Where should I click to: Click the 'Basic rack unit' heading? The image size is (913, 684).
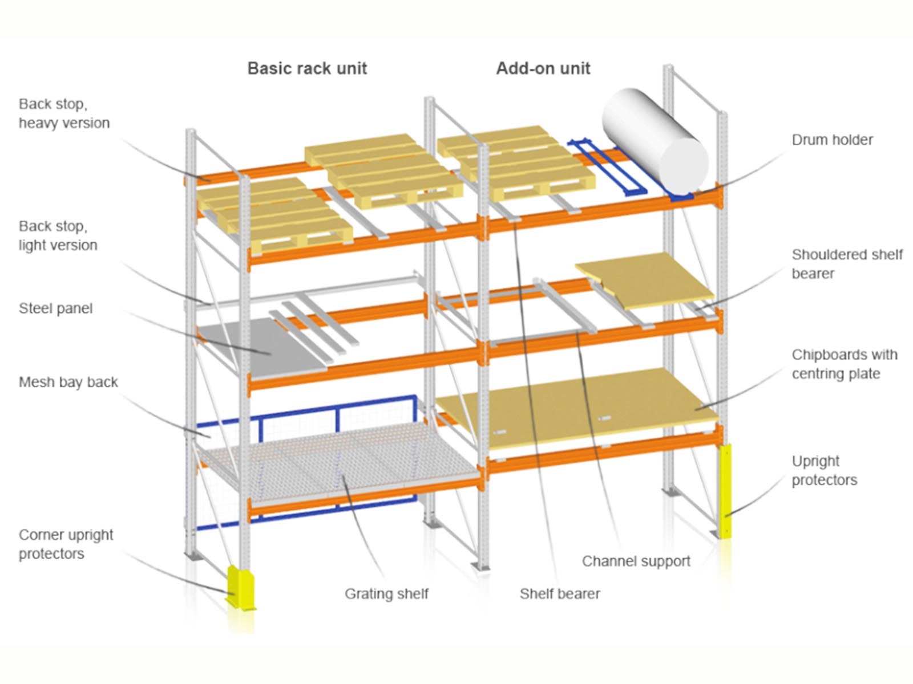[x=307, y=68]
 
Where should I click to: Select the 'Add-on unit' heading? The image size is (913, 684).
[x=543, y=68]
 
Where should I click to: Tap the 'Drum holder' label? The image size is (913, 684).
[x=832, y=140]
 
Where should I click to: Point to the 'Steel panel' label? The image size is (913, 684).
[x=55, y=308]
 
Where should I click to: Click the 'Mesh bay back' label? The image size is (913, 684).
[x=68, y=382]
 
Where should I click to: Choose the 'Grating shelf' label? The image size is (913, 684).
[x=386, y=594]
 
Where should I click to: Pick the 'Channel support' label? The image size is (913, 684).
[x=636, y=561]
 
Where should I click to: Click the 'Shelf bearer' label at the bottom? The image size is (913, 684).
[x=560, y=594]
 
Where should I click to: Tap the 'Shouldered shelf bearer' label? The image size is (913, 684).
[x=847, y=264]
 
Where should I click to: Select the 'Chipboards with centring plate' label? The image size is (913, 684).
[x=844, y=364]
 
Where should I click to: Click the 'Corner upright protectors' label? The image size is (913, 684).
[x=66, y=544]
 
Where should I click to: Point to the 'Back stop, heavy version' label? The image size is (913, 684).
[x=64, y=113]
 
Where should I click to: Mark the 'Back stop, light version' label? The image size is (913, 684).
[x=58, y=235]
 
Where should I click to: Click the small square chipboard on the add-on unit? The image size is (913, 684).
[x=645, y=279]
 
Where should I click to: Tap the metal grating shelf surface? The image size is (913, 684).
[x=342, y=456]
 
